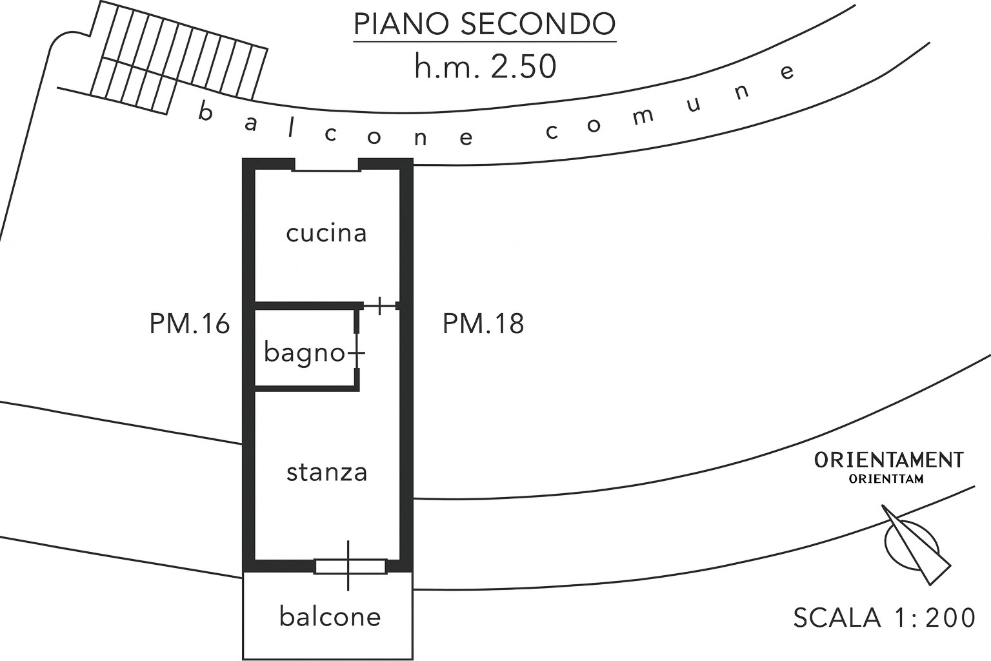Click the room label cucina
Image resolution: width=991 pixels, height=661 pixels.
[326, 233]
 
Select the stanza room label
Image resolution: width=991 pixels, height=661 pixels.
[326, 473]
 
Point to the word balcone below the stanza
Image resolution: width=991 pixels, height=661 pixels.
[330, 617]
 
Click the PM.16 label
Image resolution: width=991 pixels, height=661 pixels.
[190, 324]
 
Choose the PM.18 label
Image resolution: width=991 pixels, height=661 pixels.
[483, 324]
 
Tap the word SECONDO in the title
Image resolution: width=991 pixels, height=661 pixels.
[537, 25]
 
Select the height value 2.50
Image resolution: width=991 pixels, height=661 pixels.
[523, 67]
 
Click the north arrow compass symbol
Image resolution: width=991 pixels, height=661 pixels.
[916, 545]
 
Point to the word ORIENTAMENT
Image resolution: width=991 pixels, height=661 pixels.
[888, 460]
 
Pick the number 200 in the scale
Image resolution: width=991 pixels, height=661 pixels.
[950, 618]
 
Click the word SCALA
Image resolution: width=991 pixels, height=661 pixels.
[837, 618]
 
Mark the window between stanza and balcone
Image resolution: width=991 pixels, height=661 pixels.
[350, 566]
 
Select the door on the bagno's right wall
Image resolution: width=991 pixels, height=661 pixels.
[357, 353]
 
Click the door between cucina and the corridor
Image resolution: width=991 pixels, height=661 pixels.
[380, 305]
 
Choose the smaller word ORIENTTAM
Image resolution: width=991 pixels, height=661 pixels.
[886, 479]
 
